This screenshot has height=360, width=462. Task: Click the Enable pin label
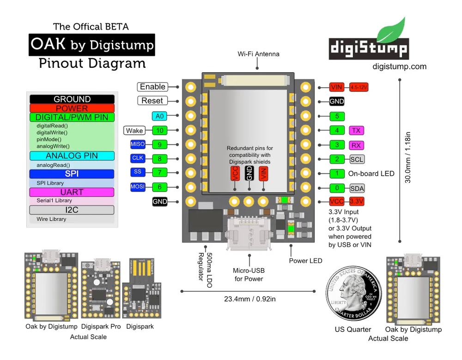tap(152, 87)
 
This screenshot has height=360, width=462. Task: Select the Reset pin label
tap(152, 101)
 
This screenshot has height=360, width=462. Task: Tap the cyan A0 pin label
tap(159, 116)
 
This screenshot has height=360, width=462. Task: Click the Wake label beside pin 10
tap(134, 131)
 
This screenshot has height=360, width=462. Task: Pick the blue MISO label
tap(138, 144)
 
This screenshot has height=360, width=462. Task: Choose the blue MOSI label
tap(138, 187)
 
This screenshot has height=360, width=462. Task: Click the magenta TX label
tap(356, 131)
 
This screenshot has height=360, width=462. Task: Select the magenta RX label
tap(356, 145)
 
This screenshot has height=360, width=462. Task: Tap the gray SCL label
tap(356, 160)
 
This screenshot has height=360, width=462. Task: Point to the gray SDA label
tap(356, 188)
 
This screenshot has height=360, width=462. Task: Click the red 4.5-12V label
tap(359, 87)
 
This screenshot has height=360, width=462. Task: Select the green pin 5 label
tap(337, 116)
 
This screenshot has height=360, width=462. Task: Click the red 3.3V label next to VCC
tap(356, 201)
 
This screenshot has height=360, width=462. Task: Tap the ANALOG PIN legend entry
tap(72, 156)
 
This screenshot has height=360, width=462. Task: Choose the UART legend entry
tap(72, 192)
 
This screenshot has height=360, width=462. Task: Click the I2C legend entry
tap(72, 210)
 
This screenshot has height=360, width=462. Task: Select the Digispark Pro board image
tap(100, 290)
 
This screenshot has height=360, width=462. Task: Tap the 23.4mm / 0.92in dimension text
tap(250, 299)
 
